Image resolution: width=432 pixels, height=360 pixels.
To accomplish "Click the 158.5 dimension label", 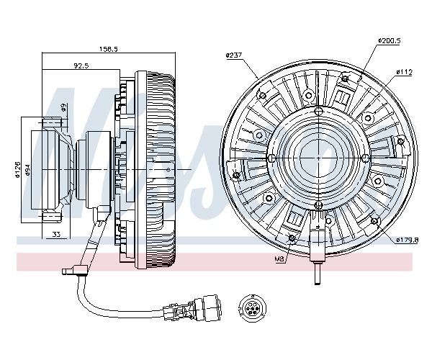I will (x=109, y=49).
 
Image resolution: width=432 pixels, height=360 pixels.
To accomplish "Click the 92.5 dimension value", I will (x=81, y=66).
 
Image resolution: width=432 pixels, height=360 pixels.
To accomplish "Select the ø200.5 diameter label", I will (x=389, y=42).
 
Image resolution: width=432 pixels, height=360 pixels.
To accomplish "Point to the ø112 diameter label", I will (x=405, y=72).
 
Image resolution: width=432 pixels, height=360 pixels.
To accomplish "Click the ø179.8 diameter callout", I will (x=406, y=239).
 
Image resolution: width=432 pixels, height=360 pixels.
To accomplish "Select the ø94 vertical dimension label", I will (x=27, y=170).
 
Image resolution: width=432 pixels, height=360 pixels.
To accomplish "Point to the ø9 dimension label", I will (x=63, y=107).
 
